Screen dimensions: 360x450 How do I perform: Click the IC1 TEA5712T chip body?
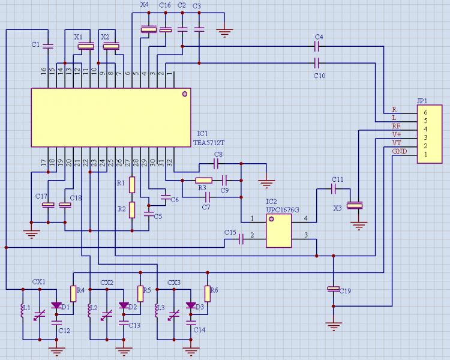point(111,117)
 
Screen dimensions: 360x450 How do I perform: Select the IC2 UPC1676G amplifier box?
point(279,231)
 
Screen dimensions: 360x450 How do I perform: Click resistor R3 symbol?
point(204,180)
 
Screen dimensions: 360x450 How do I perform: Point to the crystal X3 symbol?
point(356,206)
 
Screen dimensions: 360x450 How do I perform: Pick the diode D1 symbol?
point(56,305)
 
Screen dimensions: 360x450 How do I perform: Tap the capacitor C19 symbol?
point(333,289)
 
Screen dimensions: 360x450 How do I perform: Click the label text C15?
point(230,232)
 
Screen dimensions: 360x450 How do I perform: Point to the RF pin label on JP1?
point(396,127)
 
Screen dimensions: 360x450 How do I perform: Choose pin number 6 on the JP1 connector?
point(425,112)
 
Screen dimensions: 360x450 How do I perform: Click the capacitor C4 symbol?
point(318,46)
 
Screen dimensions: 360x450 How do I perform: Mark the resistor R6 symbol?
point(208,293)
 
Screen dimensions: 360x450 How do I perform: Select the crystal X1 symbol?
point(87,46)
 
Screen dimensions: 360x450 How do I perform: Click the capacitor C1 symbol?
point(49,45)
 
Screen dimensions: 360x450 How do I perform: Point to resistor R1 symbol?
point(133,184)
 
